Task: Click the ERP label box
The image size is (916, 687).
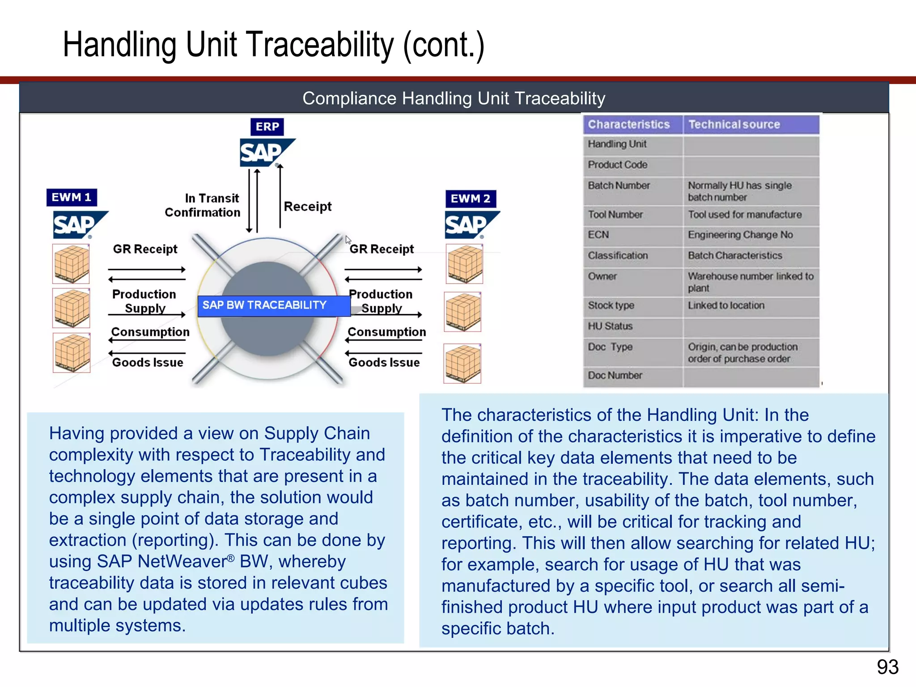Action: coord(267,127)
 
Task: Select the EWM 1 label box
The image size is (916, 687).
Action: coord(72,197)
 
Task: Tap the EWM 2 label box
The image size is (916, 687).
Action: coord(471,199)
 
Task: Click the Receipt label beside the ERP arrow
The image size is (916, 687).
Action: coord(308,206)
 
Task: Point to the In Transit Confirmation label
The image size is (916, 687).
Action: coord(203,205)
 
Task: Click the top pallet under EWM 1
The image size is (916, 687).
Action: coord(71,264)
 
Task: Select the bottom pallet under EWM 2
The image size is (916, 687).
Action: coord(462,364)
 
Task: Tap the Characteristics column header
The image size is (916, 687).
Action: coord(629,124)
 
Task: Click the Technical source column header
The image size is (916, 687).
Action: coord(734,124)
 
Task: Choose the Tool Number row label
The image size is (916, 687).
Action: coord(615,215)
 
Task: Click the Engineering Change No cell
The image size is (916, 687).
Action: coord(740,235)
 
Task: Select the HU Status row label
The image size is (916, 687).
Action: coord(610,326)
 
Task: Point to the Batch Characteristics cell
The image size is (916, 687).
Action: coord(735,255)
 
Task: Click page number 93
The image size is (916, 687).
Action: coord(887,667)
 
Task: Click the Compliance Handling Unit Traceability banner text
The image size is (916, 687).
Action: coord(454,98)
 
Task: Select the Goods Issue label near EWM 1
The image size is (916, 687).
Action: coord(148,362)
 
